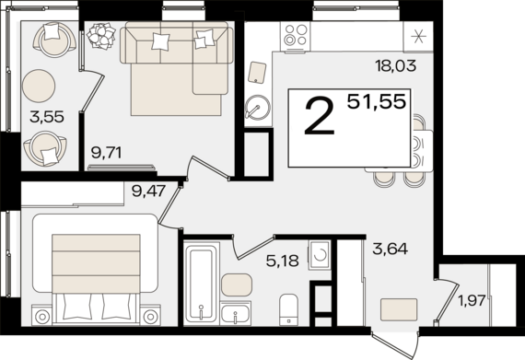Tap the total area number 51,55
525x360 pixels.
pyautogui.click(x=376, y=101)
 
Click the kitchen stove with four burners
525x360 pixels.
pyautogui.click(x=295, y=37)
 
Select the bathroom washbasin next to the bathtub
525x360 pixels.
pyautogui.click(x=238, y=313)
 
